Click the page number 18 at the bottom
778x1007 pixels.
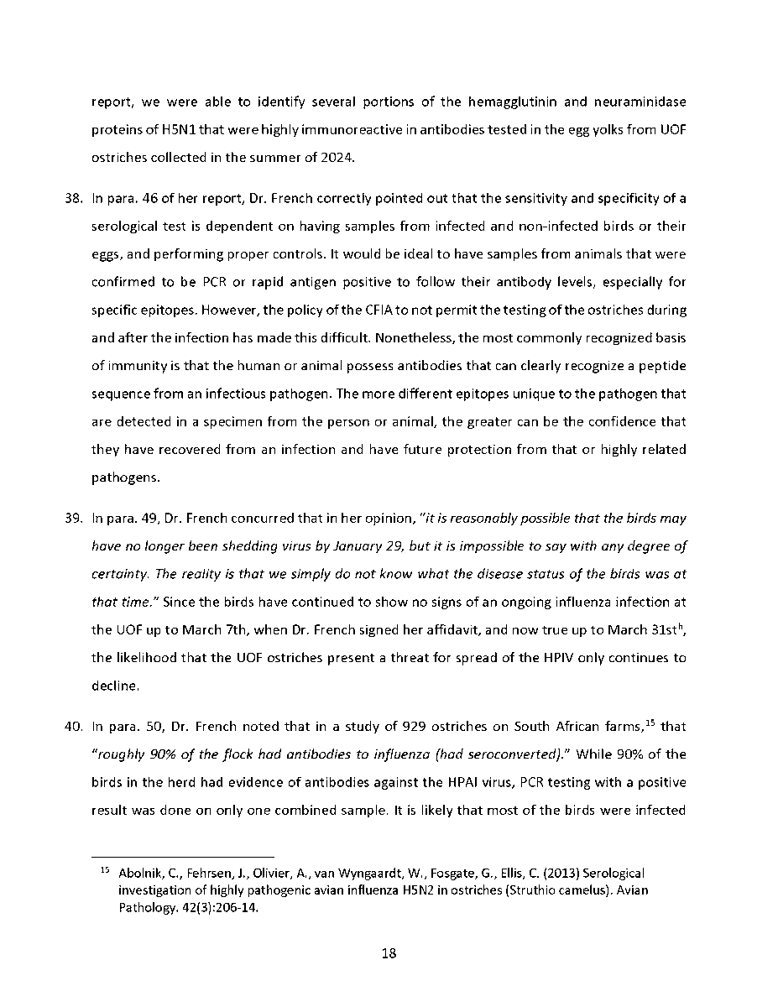(x=389, y=953)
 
